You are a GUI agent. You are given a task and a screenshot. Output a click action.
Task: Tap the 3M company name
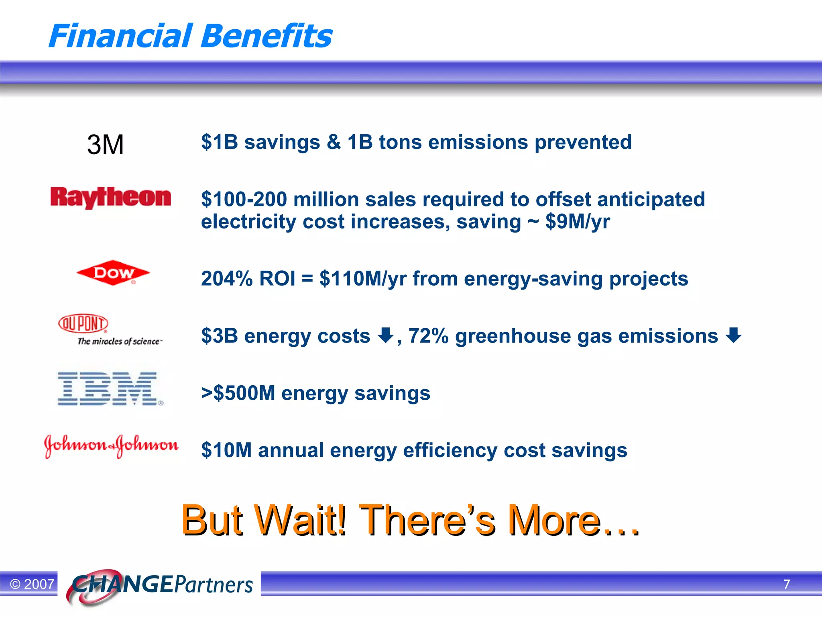[x=105, y=145]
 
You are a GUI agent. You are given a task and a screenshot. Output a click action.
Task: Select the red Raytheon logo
[x=110, y=197]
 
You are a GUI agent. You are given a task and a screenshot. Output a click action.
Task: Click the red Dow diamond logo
[x=113, y=273]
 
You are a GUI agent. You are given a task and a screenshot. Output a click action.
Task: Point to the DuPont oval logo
[x=83, y=323]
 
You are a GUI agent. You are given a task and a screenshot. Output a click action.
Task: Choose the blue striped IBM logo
[x=109, y=388]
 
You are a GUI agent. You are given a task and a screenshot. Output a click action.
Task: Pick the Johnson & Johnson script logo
[x=111, y=445]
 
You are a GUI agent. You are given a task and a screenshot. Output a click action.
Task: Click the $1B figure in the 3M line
[x=220, y=142]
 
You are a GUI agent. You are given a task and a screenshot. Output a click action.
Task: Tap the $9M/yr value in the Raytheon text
[x=578, y=222]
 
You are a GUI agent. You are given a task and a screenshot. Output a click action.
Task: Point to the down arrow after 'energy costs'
[x=386, y=335]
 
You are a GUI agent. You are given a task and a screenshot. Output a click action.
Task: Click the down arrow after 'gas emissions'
[x=734, y=335]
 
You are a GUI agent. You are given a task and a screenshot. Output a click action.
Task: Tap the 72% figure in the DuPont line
[x=428, y=336]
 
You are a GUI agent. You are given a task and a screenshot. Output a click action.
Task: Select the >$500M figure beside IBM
[x=238, y=393]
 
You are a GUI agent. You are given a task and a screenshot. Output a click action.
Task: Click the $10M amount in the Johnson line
[x=226, y=450]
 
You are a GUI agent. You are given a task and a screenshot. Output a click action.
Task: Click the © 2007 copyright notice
[x=32, y=584]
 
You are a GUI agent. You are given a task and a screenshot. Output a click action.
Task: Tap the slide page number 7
[x=787, y=584]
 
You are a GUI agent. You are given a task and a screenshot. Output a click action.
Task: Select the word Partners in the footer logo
[x=214, y=584]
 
